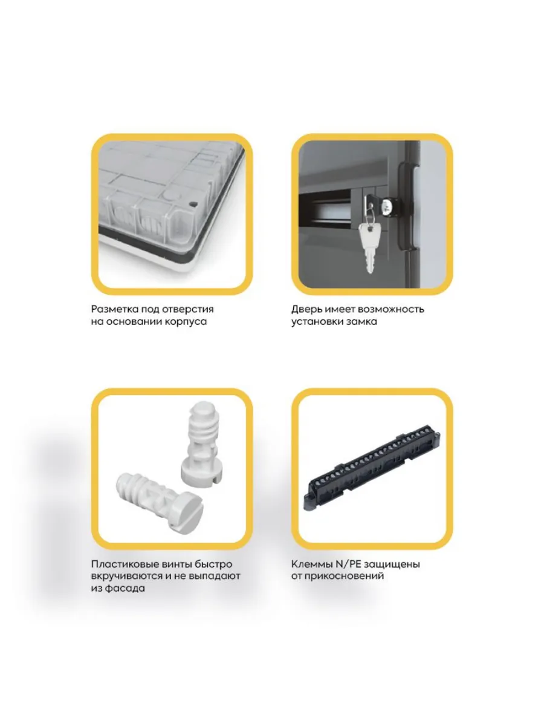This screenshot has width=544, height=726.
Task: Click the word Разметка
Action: tap(115, 310)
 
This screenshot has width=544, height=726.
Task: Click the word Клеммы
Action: tap(310, 564)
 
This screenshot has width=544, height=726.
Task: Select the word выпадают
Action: tap(214, 577)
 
